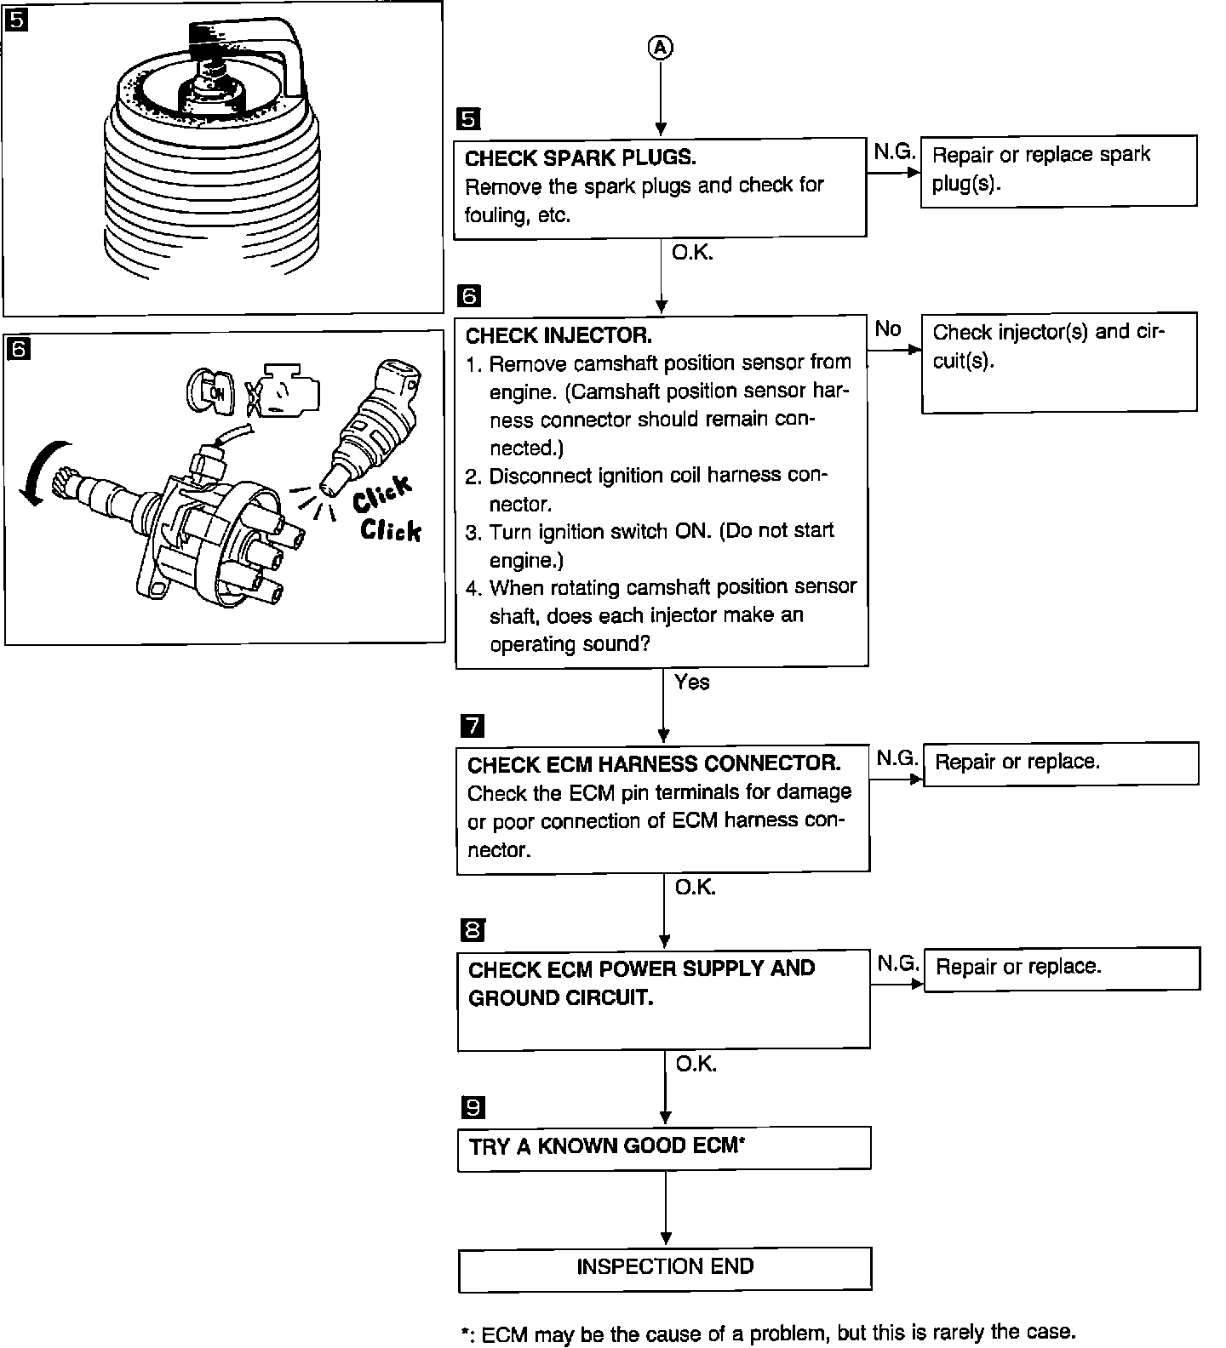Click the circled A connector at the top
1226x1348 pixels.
[x=661, y=49]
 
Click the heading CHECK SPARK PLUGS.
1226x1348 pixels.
[x=581, y=157]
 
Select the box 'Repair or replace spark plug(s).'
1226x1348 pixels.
[x=1058, y=170]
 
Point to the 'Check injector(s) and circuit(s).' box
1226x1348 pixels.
[x=1058, y=362]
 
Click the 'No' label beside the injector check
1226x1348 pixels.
[x=887, y=328]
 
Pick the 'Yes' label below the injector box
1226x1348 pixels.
[x=691, y=682]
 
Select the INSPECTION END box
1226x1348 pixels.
[x=665, y=1268]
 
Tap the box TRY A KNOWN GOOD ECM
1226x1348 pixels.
[x=664, y=1147]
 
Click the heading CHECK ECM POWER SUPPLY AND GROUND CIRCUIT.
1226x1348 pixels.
[x=641, y=983]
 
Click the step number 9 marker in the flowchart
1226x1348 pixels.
[x=473, y=1107]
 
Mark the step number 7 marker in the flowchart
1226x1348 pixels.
[x=472, y=726]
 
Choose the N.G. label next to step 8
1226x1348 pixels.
[x=897, y=963]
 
